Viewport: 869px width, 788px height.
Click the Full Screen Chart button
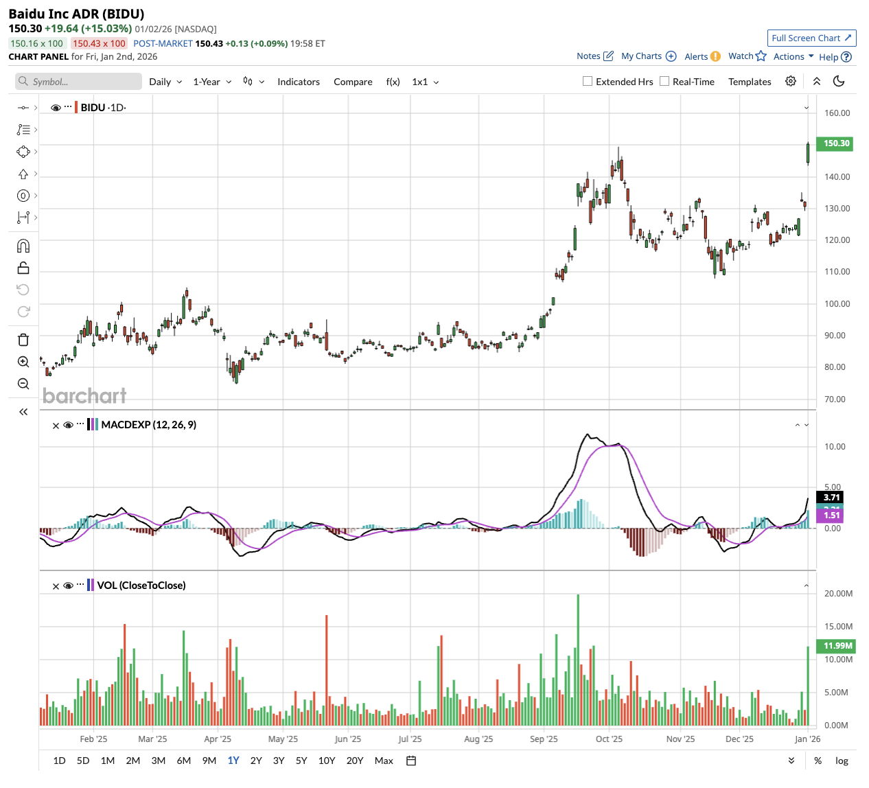click(x=811, y=38)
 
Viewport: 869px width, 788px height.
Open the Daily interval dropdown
click(x=165, y=82)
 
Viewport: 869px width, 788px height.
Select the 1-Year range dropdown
click(x=212, y=82)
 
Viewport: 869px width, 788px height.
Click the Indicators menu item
click(x=299, y=82)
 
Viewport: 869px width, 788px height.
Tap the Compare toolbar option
click(x=353, y=82)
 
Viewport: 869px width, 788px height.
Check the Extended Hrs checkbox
click(x=588, y=81)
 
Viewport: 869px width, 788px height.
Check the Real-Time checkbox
click(x=664, y=81)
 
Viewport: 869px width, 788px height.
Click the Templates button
click(x=750, y=82)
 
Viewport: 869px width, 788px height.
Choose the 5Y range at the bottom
click(x=301, y=761)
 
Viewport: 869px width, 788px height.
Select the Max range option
click(x=384, y=761)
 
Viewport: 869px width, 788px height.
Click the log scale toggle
click(x=842, y=761)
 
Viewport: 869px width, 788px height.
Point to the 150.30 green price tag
click(x=836, y=143)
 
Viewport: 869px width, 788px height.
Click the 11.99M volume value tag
click(x=837, y=646)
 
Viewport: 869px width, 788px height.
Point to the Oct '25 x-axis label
click(x=609, y=739)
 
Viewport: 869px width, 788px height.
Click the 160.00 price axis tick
click(x=837, y=113)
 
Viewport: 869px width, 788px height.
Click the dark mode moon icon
click(x=839, y=81)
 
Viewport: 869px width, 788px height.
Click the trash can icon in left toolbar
click(x=23, y=340)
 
